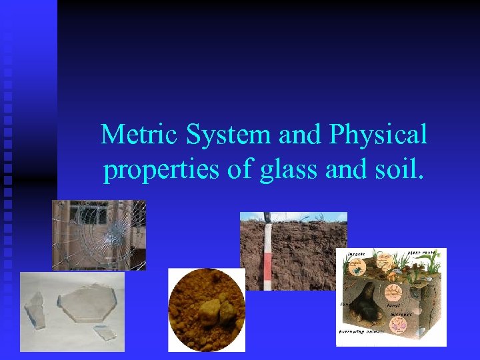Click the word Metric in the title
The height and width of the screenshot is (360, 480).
coord(140,136)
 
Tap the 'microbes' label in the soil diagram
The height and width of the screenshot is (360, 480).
coord(401,314)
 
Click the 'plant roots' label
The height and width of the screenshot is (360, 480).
coord(422,254)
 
